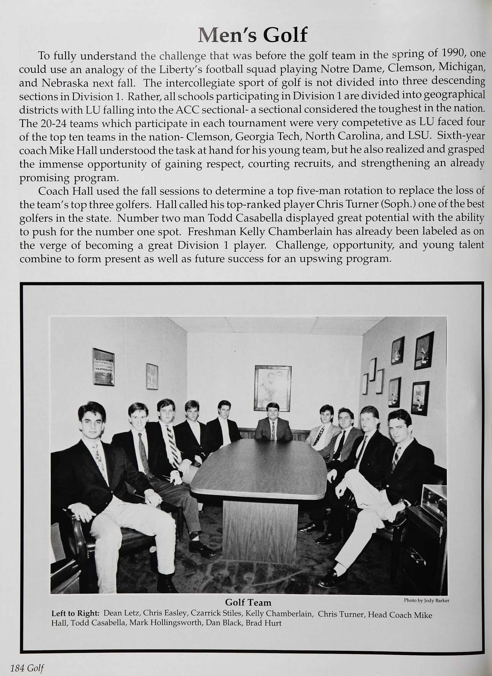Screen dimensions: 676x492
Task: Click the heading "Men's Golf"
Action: click(253, 36)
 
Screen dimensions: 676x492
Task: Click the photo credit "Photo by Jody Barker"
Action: click(426, 601)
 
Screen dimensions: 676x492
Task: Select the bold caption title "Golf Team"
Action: click(248, 603)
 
